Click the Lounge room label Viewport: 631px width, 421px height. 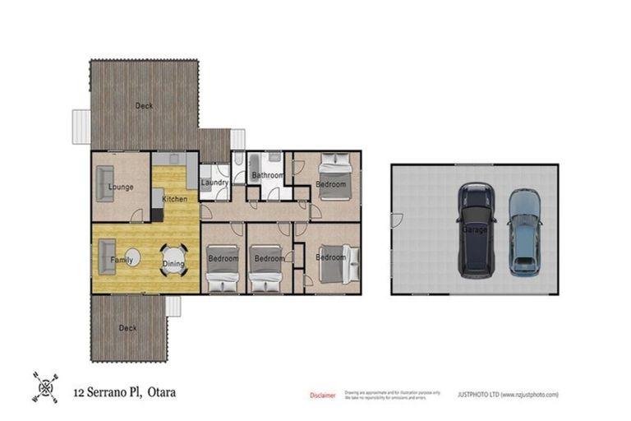coord(121,187)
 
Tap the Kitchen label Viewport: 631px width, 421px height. coord(174,199)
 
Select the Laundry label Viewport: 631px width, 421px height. coord(214,183)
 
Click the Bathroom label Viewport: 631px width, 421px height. coord(268,176)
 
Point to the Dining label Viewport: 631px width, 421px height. coord(173,263)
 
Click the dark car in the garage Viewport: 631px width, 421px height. coord(477,229)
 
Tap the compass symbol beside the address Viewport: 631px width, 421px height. coord(45,386)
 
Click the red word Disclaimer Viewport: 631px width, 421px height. coord(322,396)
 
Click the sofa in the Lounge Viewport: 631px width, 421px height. coord(104,183)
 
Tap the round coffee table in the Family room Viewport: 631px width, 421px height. coord(132,258)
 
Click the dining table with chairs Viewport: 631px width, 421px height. coord(173,260)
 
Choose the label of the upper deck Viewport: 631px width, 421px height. coord(144,105)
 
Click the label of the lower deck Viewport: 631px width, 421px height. coord(127,328)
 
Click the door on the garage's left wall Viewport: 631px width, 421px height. coord(397,220)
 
